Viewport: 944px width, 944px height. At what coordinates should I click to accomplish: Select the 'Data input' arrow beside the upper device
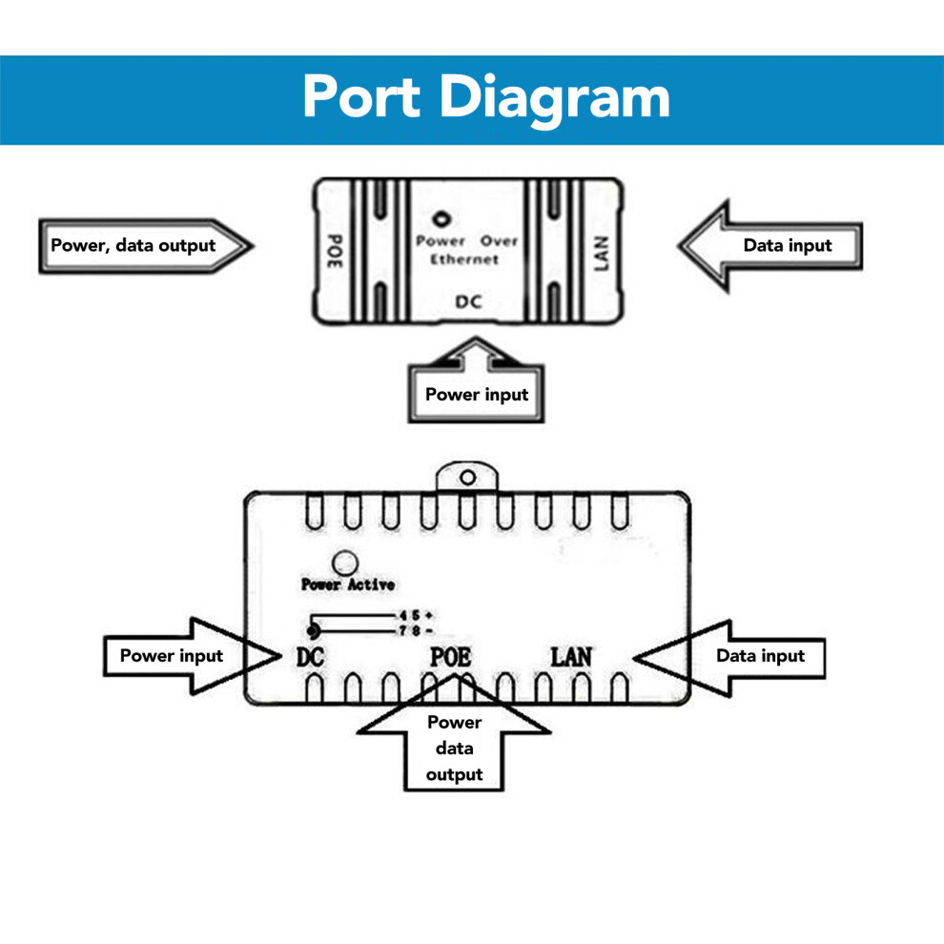pyautogui.click(x=770, y=246)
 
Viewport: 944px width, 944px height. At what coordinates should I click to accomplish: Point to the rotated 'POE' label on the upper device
pyautogui.click(x=335, y=251)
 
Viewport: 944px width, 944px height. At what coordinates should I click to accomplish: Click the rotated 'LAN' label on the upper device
pyautogui.click(x=602, y=253)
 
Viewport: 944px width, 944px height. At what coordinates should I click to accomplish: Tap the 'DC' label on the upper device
pyautogui.click(x=468, y=301)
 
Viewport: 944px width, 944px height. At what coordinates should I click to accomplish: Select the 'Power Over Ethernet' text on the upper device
pyautogui.click(x=466, y=250)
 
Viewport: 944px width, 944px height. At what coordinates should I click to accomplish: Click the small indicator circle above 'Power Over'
pyautogui.click(x=441, y=218)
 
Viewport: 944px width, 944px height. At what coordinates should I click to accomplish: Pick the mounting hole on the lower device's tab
pyautogui.click(x=468, y=478)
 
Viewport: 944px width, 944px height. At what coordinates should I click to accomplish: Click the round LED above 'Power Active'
pyautogui.click(x=345, y=564)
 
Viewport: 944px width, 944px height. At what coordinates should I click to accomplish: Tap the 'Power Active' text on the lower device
pyautogui.click(x=348, y=584)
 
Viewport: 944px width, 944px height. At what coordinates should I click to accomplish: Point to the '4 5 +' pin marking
pyautogui.click(x=416, y=615)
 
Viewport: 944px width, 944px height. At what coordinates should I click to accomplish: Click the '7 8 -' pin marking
pyautogui.click(x=416, y=631)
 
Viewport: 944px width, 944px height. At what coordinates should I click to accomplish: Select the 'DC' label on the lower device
pyautogui.click(x=310, y=657)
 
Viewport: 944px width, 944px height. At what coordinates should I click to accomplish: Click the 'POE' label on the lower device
pyautogui.click(x=450, y=657)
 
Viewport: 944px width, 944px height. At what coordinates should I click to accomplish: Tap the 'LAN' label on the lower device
pyautogui.click(x=571, y=657)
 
